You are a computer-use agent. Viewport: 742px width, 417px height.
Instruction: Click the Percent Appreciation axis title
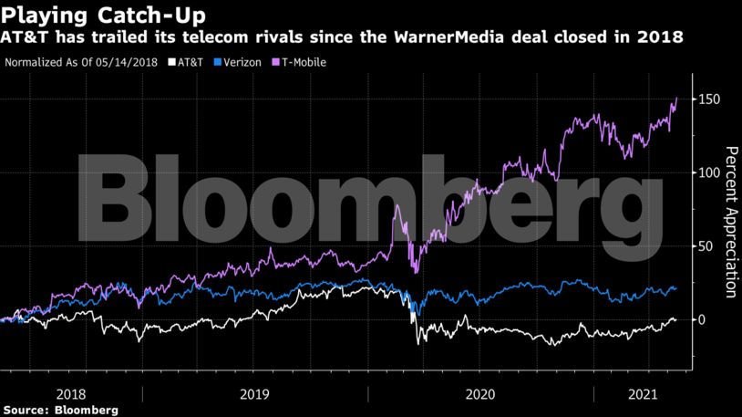pyautogui.click(x=729, y=222)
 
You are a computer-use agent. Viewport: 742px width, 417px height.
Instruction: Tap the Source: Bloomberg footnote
pyautogui.click(x=60, y=410)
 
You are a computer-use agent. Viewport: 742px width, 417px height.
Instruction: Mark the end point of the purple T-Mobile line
pyautogui.click(x=676, y=98)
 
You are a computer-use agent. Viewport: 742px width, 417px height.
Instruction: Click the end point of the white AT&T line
pyautogui.click(x=675, y=319)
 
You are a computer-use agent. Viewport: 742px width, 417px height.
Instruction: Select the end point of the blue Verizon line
pyautogui.click(x=675, y=287)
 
